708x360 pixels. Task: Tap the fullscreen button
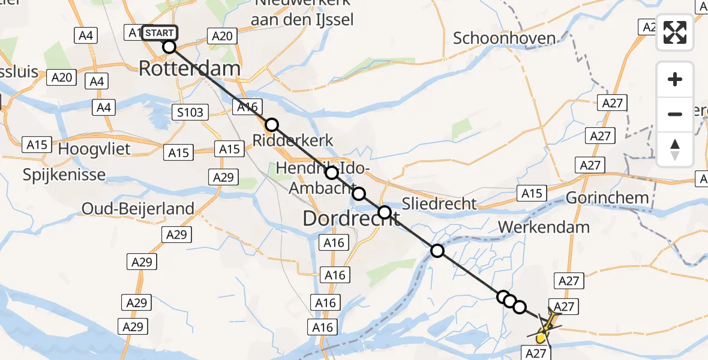pos(675,32)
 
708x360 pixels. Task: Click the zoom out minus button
pos(675,114)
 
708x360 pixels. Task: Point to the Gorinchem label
pos(607,197)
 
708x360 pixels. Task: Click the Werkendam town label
pos(544,227)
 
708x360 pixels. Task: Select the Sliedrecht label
pos(439,203)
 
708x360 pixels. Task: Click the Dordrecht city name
pos(351,218)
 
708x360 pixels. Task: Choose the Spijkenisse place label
pos(64,175)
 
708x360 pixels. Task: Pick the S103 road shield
pos(191,112)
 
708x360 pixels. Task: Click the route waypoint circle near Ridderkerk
pos(272,125)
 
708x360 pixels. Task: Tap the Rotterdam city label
pos(190,68)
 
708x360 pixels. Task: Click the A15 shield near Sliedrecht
pos(532,193)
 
